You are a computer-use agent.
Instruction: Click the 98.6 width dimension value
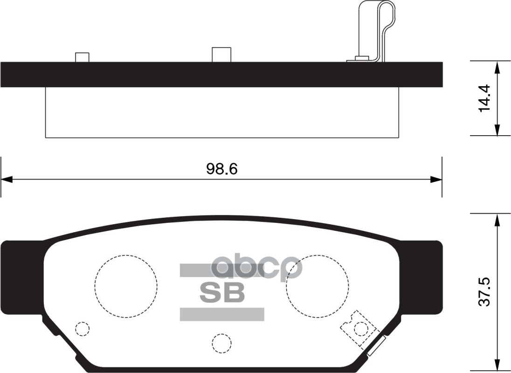coord(222,169)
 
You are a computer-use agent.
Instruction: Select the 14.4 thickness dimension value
coord(484,98)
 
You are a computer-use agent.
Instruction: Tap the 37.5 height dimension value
coord(484,292)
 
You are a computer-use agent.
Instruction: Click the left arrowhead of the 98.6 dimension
coord(7,179)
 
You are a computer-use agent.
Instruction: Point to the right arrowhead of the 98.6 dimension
coord(436,179)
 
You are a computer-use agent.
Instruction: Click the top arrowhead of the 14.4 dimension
coord(497,67)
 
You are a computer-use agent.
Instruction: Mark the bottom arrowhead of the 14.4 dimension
coord(497,130)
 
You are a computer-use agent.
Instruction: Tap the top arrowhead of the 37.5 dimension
coord(497,220)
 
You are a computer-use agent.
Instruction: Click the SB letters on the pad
coord(222,292)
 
